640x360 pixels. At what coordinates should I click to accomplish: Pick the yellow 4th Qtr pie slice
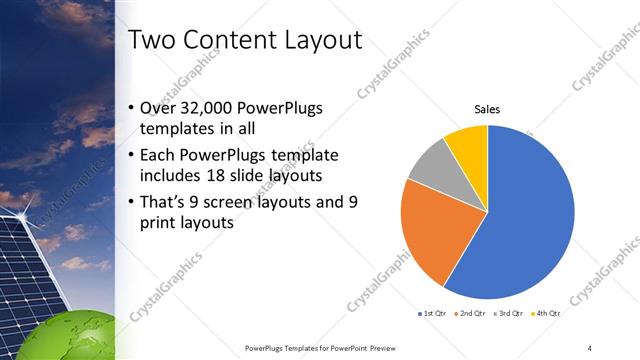pyautogui.click(x=467, y=144)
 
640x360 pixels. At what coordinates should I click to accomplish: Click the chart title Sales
pyautogui.click(x=487, y=110)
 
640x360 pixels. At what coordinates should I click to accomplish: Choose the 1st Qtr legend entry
pyautogui.click(x=432, y=313)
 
